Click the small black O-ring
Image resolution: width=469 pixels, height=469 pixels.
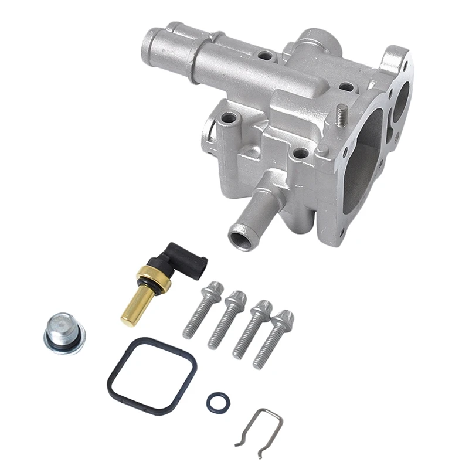[x=217, y=402]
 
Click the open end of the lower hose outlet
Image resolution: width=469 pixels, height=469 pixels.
[x=240, y=237]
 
